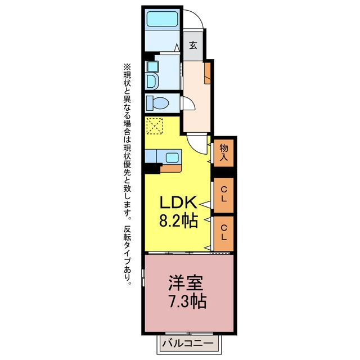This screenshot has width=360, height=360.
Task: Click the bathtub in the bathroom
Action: [163, 19]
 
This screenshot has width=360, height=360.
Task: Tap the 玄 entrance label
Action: [193, 46]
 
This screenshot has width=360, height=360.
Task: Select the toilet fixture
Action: [157, 103]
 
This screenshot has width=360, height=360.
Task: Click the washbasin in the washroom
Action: [152, 82]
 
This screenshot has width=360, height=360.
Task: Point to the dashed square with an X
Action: [155, 126]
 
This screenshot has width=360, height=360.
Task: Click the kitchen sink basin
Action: [172, 157]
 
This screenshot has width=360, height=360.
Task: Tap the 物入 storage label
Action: [224, 152]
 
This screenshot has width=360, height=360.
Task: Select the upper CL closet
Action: [224, 195]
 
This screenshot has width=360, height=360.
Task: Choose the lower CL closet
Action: [224, 233]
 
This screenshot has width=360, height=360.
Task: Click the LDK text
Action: [178, 202]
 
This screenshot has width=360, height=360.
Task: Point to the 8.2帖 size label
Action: [178, 220]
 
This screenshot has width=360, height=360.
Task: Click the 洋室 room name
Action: [186, 282]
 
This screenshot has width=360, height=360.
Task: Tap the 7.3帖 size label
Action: [187, 301]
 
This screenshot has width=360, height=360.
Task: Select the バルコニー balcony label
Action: [188, 344]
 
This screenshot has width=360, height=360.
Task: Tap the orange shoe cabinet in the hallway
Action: [208, 73]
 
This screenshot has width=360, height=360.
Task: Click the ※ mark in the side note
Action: [127, 67]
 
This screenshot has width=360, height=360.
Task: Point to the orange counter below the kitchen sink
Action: [171, 168]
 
